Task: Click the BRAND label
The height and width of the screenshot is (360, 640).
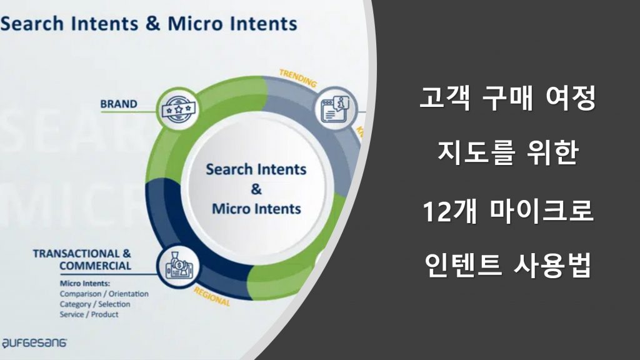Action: (x=118, y=104)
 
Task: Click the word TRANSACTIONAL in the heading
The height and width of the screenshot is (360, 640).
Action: (x=75, y=254)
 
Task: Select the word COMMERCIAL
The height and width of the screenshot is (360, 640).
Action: (x=96, y=266)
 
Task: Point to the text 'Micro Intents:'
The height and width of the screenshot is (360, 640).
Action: (x=85, y=283)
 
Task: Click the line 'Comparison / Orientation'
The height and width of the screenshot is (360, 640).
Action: (x=104, y=294)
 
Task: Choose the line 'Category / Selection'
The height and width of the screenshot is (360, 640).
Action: (x=95, y=304)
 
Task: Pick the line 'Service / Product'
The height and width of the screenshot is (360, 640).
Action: (x=89, y=314)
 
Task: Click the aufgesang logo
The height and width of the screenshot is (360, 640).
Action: (x=34, y=342)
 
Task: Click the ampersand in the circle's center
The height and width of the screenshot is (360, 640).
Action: (x=256, y=189)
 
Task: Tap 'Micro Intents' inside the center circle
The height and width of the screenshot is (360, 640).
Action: (x=256, y=208)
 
